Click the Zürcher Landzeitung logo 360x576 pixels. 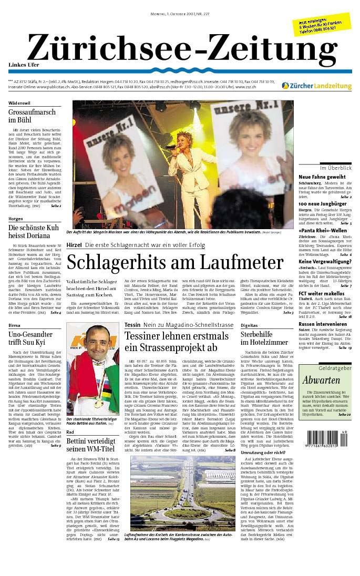316,86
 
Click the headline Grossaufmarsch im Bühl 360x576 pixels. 32,116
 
